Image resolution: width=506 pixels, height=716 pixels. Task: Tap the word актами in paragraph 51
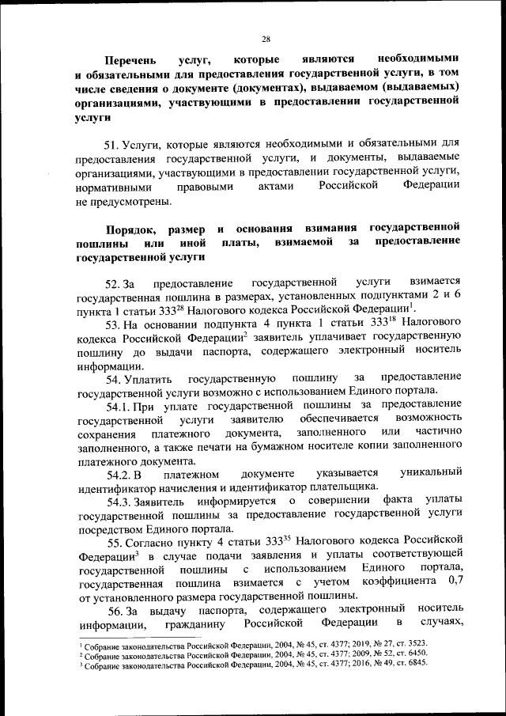point(275,188)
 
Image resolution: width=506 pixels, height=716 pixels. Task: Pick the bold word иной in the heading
point(194,243)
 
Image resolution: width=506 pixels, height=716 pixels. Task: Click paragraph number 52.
point(113,283)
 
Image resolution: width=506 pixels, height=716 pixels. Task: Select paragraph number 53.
point(113,324)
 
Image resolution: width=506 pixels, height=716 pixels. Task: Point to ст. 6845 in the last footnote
point(411,663)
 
